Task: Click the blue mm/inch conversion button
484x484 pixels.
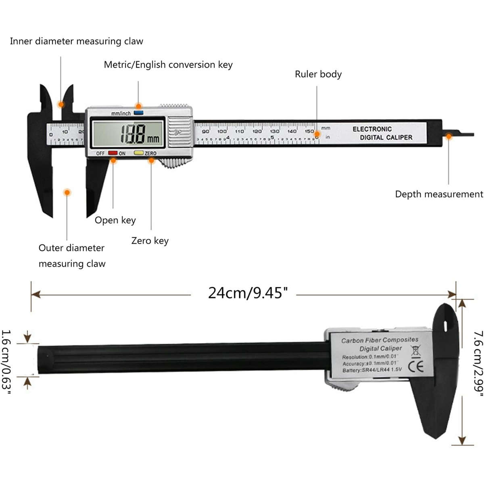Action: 139,113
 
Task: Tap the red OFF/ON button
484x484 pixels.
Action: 113,153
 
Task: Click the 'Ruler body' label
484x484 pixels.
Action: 318,74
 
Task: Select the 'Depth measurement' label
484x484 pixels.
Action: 439,194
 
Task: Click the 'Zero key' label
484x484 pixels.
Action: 150,241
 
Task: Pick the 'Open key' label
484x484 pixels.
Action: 115,220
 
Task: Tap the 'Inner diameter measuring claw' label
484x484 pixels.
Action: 77,41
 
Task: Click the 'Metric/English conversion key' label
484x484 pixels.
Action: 168,65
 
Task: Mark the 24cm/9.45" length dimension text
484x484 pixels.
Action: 248,293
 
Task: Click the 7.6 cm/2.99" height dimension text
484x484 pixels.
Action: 478,367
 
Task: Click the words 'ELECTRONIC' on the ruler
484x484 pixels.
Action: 372,129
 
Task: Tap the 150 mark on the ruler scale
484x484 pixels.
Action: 309,131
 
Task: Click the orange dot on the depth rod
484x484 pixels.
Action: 449,136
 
